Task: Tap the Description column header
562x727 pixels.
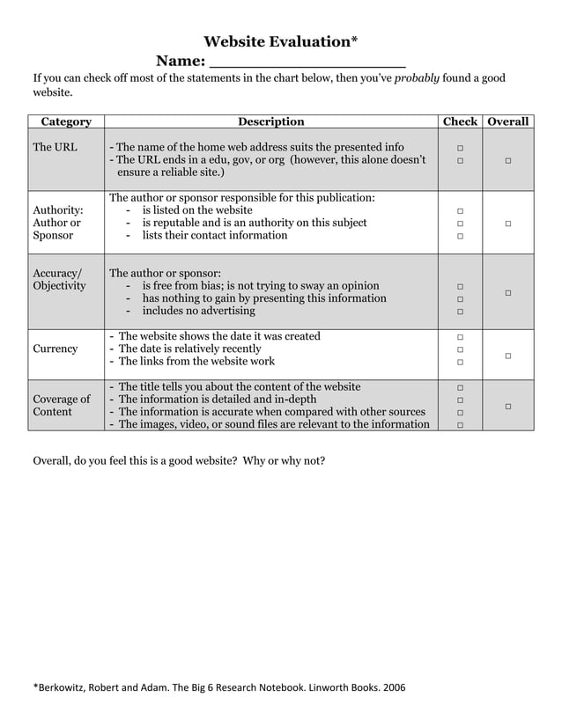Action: pos(271,121)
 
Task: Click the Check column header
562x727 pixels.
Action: pos(460,121)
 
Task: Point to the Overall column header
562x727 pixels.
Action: pos(508,121)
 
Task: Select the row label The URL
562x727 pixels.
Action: pos(55,147)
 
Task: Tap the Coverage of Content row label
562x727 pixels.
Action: pos(62,406)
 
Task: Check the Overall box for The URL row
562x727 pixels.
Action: pos(508,160)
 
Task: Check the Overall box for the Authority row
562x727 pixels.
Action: pos(508,224)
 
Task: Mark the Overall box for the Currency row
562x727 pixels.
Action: pos(508,356)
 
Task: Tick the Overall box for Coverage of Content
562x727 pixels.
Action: pos(508,406)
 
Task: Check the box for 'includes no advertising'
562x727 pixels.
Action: pos(460,312)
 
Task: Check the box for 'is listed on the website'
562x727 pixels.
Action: pos(460,211)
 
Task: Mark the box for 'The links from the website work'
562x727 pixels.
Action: pos(460,363)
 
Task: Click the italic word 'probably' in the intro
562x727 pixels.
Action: pos(417,78)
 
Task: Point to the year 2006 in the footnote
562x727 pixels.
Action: pos(393,687)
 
